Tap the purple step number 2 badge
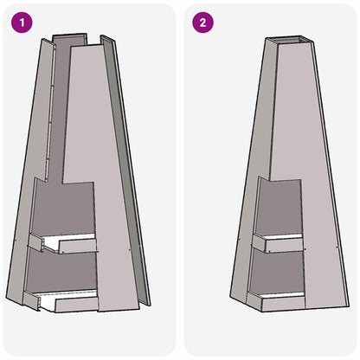[202, 22]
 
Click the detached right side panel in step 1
[128, 173]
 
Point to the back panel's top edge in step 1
[77, 36]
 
